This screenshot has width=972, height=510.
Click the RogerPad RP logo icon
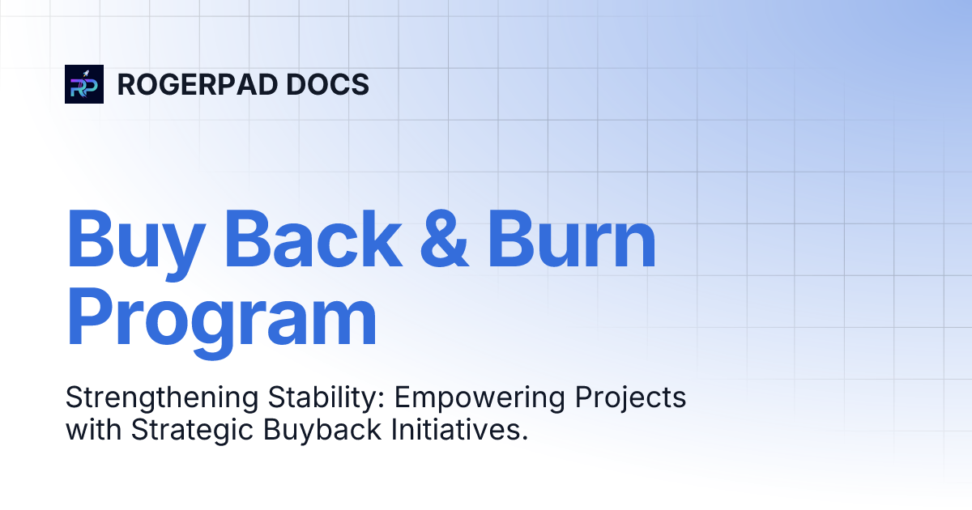click(x=84, y=84)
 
